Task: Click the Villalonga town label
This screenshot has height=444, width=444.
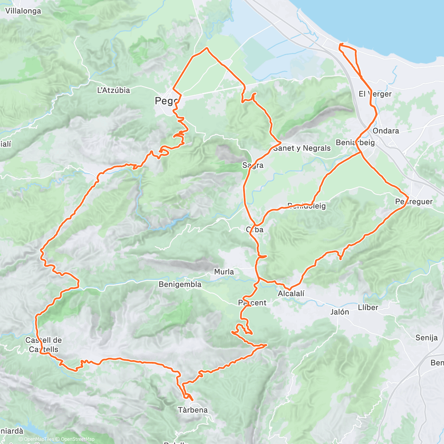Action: click(23, 11)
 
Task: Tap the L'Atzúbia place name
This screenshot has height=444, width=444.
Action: click(114, 90)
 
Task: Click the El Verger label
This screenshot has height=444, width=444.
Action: click(375, 94)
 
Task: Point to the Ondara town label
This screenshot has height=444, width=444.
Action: click(386, 131)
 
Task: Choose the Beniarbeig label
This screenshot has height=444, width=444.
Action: click(355, 142)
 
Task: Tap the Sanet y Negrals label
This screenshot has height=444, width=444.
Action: click(302, 148)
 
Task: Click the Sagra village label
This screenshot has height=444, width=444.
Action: click(253, 165)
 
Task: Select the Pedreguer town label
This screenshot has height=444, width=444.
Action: click(414, 202)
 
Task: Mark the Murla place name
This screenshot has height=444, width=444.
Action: click(224, 272)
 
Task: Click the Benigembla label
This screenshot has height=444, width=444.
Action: click(180, 285)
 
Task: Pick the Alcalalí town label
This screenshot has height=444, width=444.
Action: click(291, 294)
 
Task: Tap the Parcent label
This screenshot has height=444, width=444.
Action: click(252, 303)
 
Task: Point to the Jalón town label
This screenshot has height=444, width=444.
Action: click(339, 312)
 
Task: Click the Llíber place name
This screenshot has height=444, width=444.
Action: click(368, 307)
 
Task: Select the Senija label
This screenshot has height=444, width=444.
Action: click(427, 337)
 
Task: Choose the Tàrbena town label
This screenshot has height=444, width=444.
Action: click(193, 410)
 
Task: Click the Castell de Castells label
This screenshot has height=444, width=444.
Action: click(43, 345)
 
